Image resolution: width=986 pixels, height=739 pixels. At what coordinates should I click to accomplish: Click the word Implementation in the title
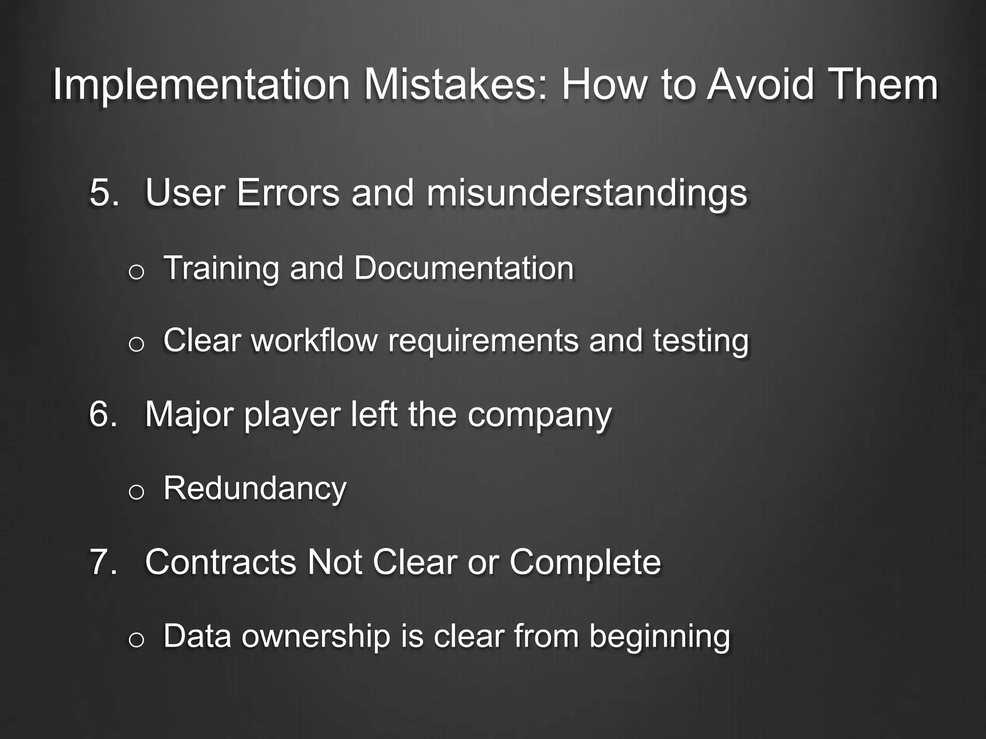tap(201, 86)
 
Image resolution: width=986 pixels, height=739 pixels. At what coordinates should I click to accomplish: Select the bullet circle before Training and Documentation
tap(136, 272)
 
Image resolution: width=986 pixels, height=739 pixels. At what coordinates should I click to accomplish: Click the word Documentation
tap(464, 268)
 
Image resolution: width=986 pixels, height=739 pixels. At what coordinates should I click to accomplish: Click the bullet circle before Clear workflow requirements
tap(136, 344)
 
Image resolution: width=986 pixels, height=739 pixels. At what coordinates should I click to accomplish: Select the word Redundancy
tap(255, 489)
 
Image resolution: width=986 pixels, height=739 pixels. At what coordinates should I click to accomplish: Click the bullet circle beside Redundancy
tap(136, 492)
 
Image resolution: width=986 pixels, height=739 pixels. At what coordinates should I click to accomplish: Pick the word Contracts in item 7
tap(221, 562)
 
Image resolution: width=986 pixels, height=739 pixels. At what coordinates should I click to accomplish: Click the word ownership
tap(316, 637)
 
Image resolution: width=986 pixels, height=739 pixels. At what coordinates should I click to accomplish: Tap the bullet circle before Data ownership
tap(136, 640)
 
